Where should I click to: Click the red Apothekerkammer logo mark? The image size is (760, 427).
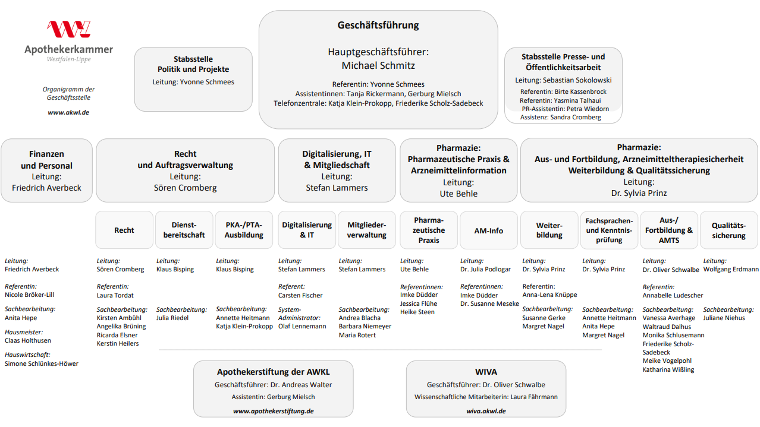(x=68, y=29)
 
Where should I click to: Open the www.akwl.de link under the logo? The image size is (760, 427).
(x=68, y=112)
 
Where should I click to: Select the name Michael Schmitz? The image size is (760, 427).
(x=378, y=65)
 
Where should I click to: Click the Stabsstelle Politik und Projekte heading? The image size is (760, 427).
(x=193, y=64)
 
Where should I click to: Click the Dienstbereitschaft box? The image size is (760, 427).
(x=184, y=230)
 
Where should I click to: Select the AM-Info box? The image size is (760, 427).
(x=489, y=230)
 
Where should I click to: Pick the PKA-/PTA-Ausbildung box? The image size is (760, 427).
(x=244, y=230)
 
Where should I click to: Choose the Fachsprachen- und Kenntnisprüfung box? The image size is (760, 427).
(x=609, y=230)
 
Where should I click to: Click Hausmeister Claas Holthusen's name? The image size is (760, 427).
(x=28, y=341)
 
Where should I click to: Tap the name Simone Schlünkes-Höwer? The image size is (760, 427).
(x=42, y=363)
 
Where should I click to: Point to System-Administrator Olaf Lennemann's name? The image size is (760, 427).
(x=302, y=326)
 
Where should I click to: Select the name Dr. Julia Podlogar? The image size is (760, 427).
(x=485, y=270)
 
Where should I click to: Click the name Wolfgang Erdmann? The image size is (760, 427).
(x=731, y=270)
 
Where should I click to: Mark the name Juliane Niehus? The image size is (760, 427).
(x=724, y=318)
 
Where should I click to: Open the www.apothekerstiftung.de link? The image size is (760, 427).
(x=273, y=411)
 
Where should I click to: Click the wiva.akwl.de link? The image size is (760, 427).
(x=486, y=411)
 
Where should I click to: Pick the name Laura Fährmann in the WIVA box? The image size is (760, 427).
(x=534, y=397)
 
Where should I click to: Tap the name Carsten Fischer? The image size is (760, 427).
(x=300, y=295)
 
